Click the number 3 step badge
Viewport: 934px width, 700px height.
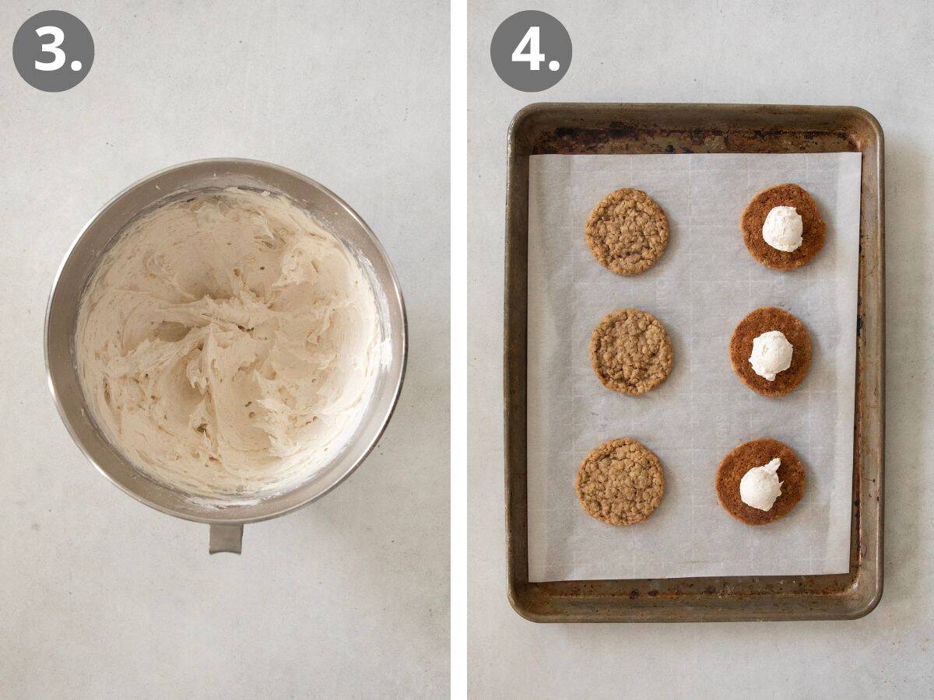point(53,51)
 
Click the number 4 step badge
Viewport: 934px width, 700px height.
point(531,51)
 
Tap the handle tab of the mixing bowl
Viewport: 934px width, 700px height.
point(226,537)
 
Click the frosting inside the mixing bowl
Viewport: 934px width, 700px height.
point(226,342)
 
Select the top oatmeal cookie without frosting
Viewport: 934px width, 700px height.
point(627,231)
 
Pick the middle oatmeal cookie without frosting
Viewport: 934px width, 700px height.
point(631,352)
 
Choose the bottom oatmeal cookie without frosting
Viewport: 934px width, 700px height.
point(620,481)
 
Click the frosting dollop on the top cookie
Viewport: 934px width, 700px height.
point(782,229)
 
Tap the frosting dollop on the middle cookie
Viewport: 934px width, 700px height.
point(771,355)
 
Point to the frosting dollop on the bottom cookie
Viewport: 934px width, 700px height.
point(760,485)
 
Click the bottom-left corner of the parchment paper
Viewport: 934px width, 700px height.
point(530,579)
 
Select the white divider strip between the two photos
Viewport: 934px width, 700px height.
point(458,350)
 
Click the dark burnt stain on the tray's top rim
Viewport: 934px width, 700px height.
point(592,134)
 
